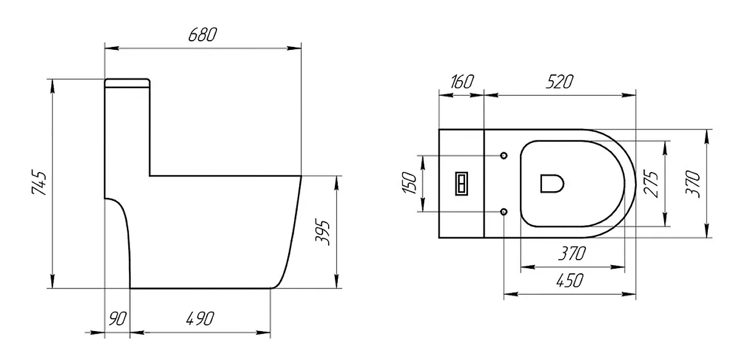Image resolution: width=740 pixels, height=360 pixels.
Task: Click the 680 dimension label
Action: click(x=202, y=35)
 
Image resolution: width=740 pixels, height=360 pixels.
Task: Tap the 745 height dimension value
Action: click(x=39, y=182)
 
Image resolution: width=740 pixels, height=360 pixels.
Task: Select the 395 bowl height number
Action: click(x=323, y=232)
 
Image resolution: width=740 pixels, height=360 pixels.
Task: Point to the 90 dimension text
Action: click(x=117, y=319)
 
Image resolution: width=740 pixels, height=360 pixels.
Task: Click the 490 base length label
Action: click(x=200, y=319)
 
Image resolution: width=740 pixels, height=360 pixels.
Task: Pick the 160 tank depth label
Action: click(x=462, y=81)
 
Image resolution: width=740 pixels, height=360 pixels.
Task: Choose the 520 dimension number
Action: click(x=559, y=81)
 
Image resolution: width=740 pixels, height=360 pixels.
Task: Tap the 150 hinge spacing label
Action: click(x=409, y=183)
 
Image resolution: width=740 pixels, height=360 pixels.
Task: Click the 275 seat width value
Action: click(x=651, y=184)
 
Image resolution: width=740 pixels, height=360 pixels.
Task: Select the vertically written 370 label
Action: click(x=693, y=184)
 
